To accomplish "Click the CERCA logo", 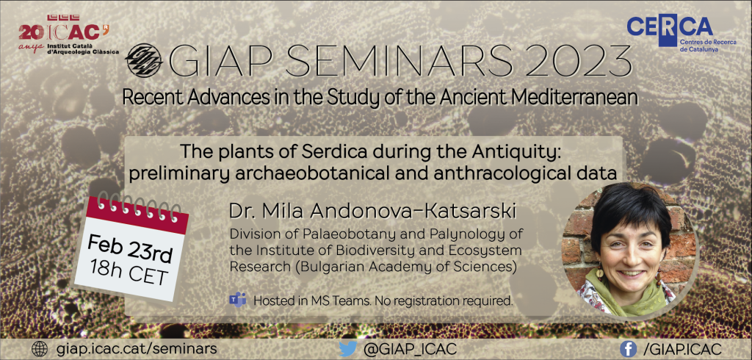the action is (x=670, y=31).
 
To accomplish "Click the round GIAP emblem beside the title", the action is (x=143, y=60).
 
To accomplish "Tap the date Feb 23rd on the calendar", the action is (x=129, y=249).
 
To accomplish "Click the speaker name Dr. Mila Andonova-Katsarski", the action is (x=373, y=212).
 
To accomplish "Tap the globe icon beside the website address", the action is (x=40, y=348).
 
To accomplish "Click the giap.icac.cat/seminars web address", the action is (x=136, y=348).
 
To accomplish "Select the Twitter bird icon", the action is (x=348, y=349).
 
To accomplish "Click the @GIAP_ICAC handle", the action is (x=410, y=349).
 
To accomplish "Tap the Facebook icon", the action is (x=629, y=349).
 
